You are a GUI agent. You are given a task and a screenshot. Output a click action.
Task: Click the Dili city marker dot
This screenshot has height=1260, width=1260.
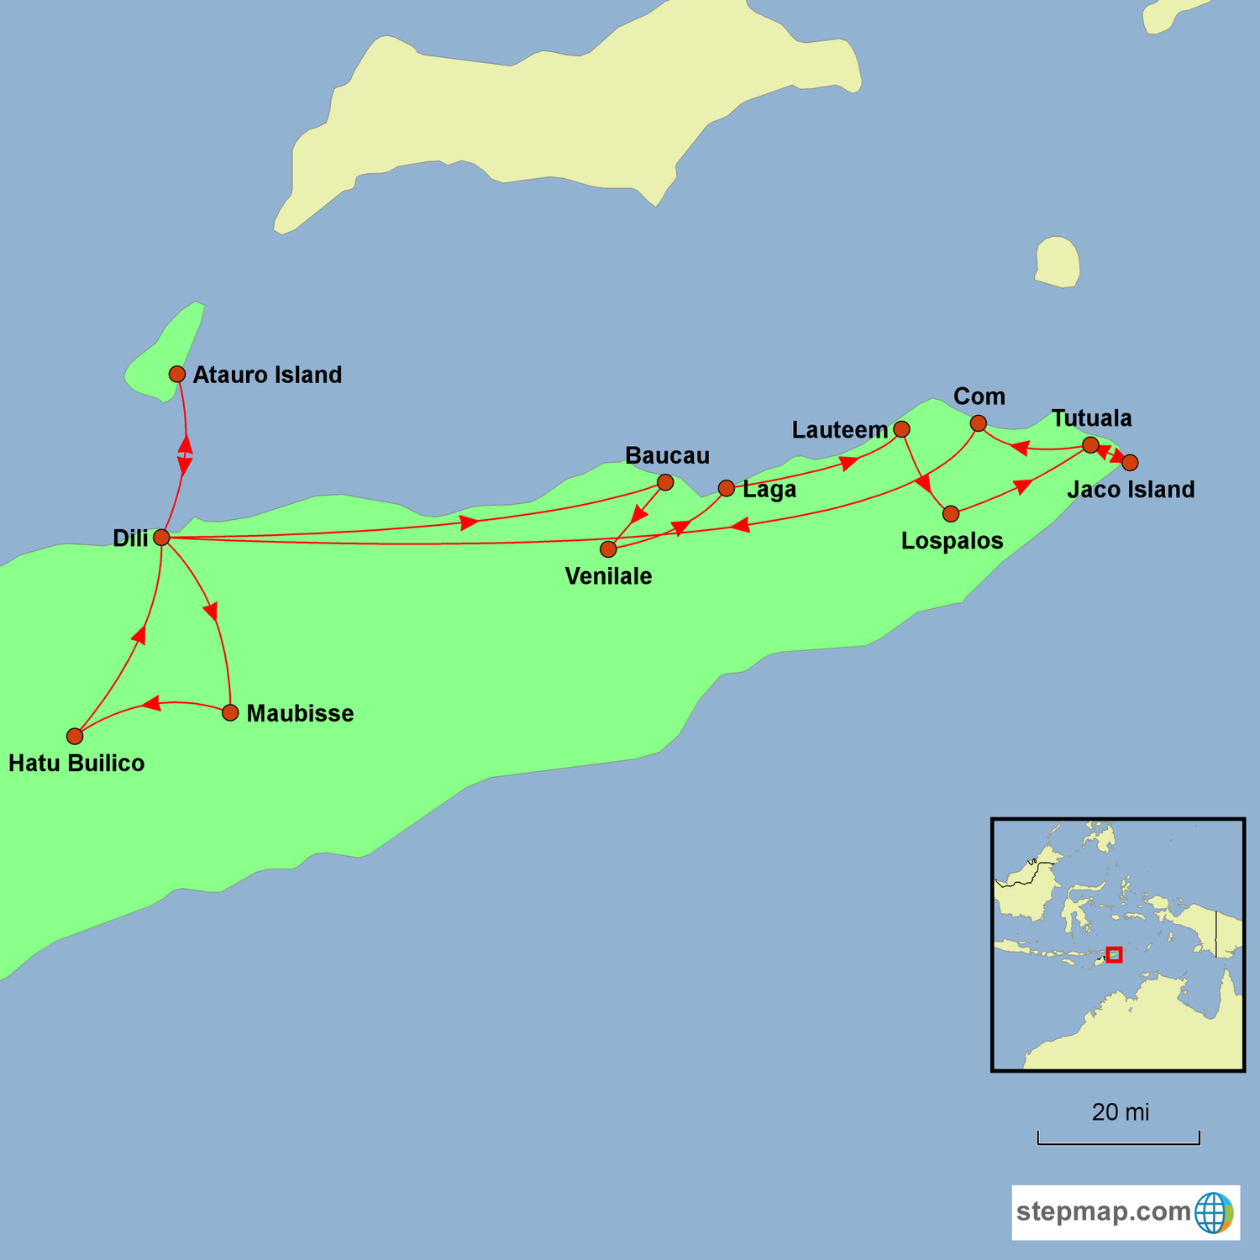[162, 538]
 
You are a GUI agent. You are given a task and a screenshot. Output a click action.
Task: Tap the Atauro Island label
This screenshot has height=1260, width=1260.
[267, 375]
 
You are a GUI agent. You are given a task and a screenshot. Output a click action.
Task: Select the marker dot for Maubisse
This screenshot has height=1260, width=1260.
[230, 713]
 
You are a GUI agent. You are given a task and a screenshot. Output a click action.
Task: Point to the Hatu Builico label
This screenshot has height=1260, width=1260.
[76, 763]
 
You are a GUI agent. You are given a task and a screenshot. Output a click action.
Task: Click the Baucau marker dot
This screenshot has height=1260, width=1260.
[665, 482]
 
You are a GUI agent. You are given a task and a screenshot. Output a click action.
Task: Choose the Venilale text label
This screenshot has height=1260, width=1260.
[608, 576]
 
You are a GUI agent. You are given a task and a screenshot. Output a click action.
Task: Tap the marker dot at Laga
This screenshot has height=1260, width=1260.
[727, 488]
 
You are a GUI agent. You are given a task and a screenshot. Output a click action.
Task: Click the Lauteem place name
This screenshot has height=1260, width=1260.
[839, 430]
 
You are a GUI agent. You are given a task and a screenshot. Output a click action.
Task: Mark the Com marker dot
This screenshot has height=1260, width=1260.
[979, 423]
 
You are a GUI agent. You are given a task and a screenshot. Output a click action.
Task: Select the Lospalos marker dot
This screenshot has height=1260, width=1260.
[951, 514]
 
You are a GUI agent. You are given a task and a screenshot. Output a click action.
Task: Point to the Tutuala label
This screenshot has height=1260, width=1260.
[1091, 418]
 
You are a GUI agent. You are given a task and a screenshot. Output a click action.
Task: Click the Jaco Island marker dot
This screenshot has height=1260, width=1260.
[1131, 463]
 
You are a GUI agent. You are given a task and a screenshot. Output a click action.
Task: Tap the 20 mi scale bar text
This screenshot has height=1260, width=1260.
[1120, 1112]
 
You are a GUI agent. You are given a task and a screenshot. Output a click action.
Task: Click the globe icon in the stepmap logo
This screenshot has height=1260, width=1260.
[1214, 1212]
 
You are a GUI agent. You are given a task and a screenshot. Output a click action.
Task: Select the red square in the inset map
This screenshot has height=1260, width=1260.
[1114, 955]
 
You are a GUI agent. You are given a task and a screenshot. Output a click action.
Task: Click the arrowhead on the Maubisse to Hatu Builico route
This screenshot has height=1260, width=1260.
[152, 703]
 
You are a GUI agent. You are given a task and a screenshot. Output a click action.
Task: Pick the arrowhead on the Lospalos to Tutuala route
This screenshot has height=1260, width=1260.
[1022, 486]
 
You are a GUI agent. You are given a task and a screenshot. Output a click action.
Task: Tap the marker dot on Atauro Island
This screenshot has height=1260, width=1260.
[177, 374]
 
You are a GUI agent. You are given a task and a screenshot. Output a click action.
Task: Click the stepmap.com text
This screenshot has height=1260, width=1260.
[1103, 1212]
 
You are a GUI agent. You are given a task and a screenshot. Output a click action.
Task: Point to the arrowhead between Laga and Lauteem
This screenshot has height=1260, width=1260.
[849, 462]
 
